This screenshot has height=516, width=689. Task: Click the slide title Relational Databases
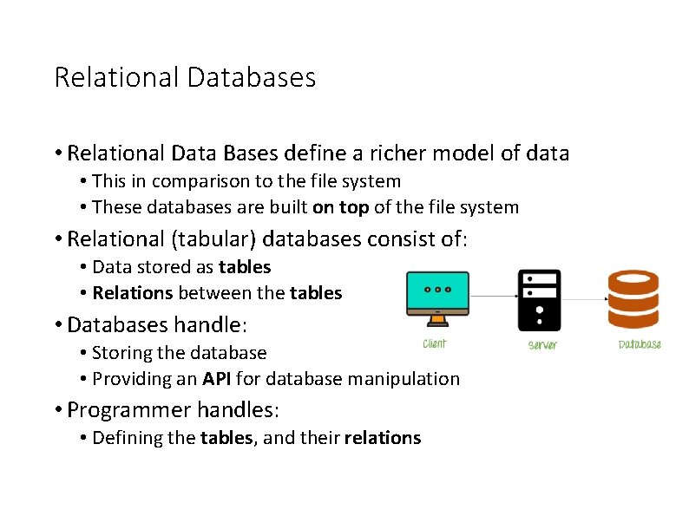185,78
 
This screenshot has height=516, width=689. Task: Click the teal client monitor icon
437,297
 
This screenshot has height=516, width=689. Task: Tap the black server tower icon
539,300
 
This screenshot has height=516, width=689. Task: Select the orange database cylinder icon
638,300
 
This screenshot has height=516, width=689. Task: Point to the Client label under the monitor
435,344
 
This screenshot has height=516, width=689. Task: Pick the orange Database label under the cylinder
640,344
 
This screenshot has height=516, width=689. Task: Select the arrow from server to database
583,299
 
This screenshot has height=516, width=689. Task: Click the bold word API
217,379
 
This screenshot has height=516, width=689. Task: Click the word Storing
121,353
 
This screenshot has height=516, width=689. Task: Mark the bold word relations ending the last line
382,438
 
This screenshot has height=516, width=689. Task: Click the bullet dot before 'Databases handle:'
57,325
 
